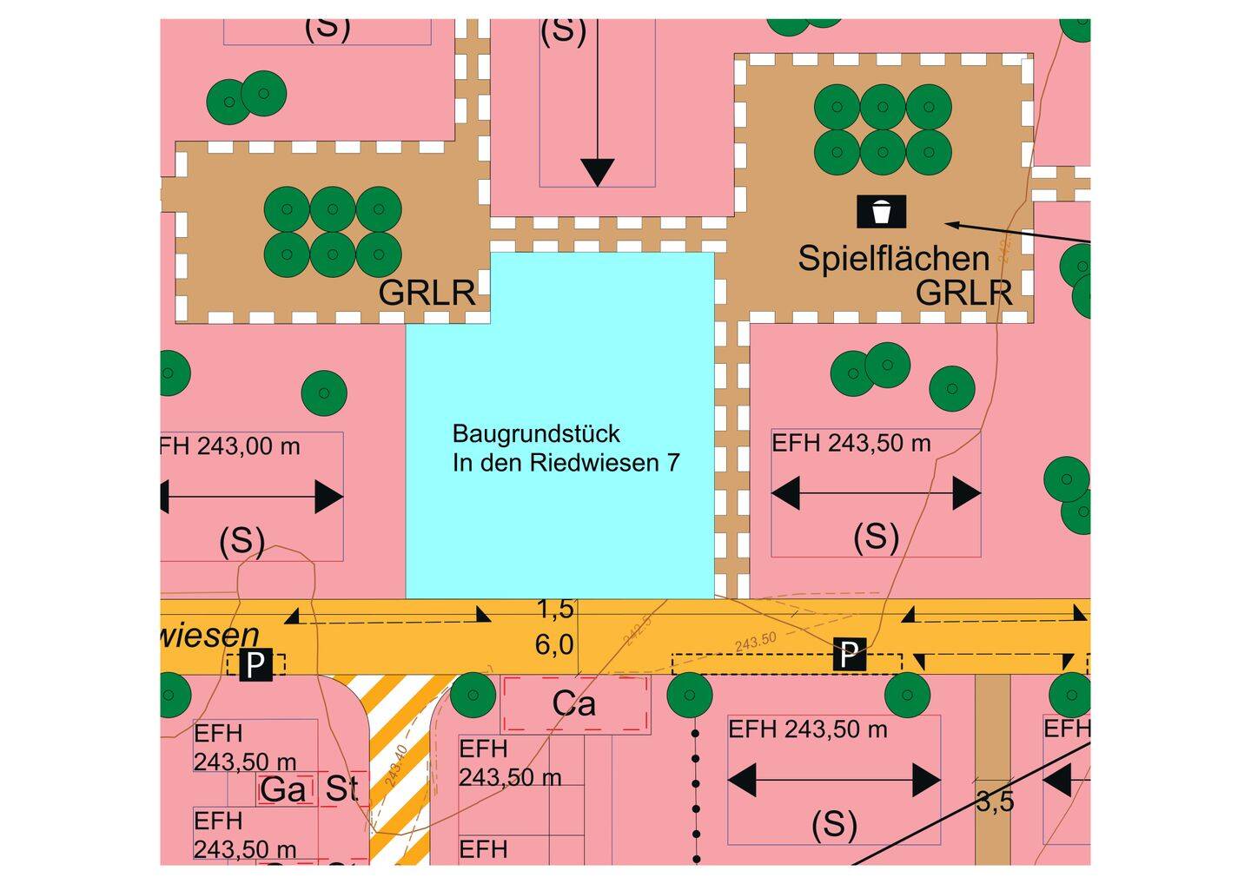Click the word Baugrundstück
(x=536, y=433)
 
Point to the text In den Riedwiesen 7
(x=566, y=463)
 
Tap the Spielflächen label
(x=893, y=259)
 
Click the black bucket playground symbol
(x=882, y=211)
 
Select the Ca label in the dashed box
(x=573, y=704)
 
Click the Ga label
(x=283, y=789)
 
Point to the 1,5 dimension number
(x=555, y=610)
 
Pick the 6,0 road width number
(x=554, y=645)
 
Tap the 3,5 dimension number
(x=994, y=802)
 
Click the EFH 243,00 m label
(x=230, y=446)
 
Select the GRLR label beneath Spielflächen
(x=963, y=294)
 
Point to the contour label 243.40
(x=395, y=765)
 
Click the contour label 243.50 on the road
(x=755, y=642)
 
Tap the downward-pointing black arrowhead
(x=597, y=172)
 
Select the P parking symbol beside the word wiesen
(x=255, y=665)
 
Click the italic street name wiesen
(x=208, y=635)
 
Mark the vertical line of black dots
(x=695, y=795)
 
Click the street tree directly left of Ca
(x=473, y=694)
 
